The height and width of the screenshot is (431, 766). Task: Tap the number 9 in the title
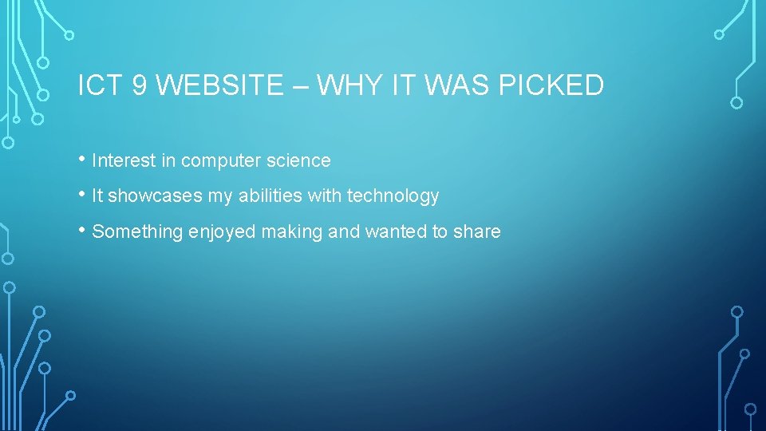pos(139,85)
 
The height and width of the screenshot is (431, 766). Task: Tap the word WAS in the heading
pos(460,85)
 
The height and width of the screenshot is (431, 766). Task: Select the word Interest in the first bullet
pos(124,161)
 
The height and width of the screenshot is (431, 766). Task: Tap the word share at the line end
pos(476,232)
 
